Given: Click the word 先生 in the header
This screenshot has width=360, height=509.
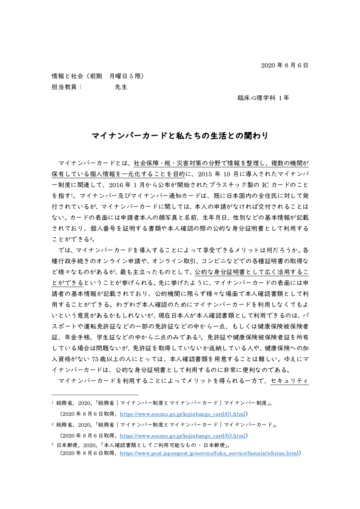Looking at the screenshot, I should pos(121,87).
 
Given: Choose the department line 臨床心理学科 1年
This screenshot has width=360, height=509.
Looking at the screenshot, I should pos(263,98).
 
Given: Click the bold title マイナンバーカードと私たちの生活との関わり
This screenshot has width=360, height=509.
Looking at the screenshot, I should pos(180,136).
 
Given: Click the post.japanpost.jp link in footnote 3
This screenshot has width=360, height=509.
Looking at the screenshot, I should pos(209,453).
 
